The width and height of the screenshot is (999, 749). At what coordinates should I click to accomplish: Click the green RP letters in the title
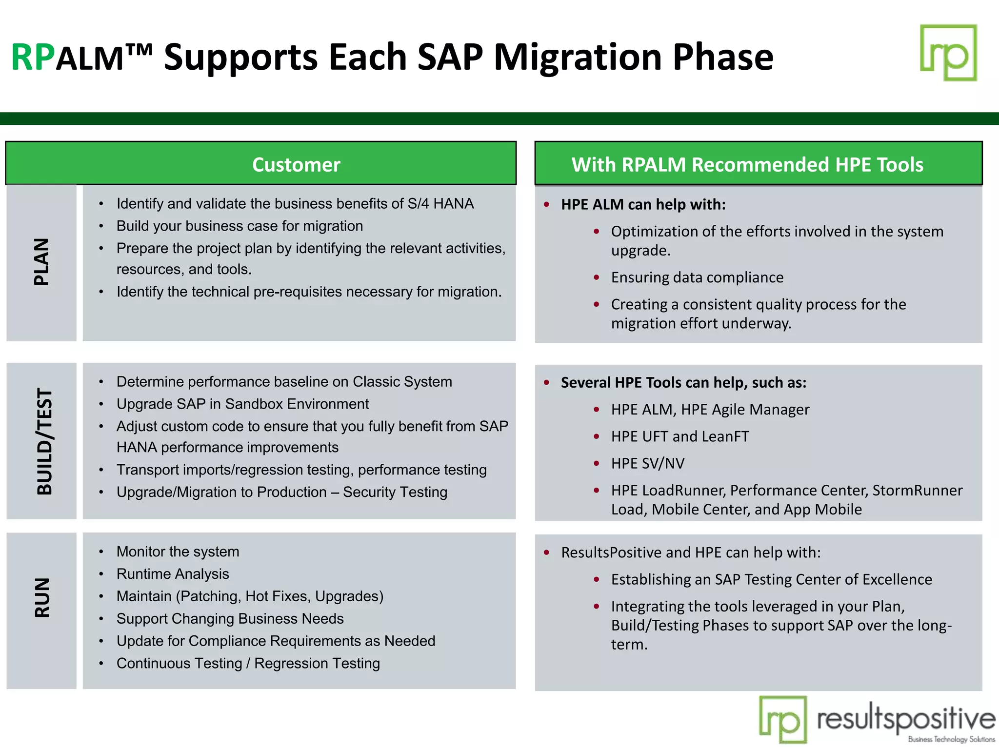[32, 58]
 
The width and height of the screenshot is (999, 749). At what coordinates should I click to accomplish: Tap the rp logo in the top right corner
[948, 53]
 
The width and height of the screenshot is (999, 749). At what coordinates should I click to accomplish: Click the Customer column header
[296, 165]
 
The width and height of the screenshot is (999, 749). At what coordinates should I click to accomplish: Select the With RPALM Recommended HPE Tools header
[747, 165]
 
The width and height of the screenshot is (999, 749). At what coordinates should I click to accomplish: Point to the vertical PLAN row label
[41, 262]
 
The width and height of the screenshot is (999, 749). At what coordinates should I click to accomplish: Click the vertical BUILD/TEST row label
[44, 441]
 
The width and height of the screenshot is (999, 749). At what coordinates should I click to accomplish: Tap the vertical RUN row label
[42, 598]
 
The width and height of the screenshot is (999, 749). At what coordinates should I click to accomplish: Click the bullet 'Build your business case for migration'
[240, 226]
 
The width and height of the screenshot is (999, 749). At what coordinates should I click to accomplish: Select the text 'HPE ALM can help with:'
[643, 204]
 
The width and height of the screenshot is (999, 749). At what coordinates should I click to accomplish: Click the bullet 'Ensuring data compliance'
[697, 277]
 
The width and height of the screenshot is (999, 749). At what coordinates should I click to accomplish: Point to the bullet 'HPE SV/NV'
[647, 463]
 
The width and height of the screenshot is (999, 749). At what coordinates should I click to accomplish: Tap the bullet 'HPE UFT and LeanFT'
[679, 436]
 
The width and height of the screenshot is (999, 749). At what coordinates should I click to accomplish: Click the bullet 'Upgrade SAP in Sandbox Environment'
[242, 404]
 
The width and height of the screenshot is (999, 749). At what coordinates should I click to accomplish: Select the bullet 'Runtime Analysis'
[173, 574]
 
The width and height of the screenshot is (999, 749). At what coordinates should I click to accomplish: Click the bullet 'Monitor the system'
[178, 552]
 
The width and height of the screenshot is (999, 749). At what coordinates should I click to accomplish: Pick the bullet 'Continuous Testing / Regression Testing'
[248, 663]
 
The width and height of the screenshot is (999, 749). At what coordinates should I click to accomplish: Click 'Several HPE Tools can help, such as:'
[683, 383]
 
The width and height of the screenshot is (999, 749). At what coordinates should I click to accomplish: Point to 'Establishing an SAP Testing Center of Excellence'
[771, 579]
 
